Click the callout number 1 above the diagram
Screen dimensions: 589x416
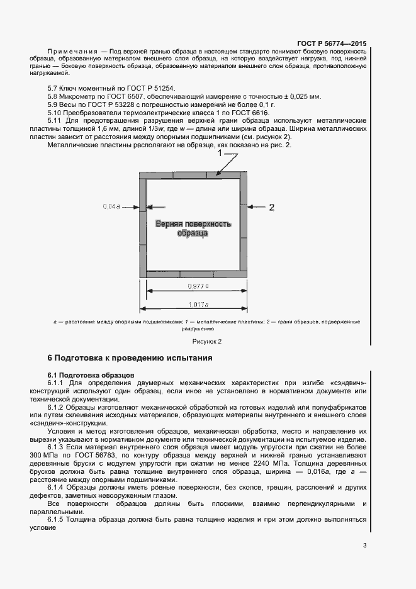[220, 153]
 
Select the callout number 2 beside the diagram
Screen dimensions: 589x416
[272, 206]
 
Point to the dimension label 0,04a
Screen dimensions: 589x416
[112, 206]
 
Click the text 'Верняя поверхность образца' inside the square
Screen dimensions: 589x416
[193, 228]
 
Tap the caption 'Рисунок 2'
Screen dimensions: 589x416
[207, 341]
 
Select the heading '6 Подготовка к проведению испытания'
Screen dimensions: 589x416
[130, 358]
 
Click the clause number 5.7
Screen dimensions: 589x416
[53, 88]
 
